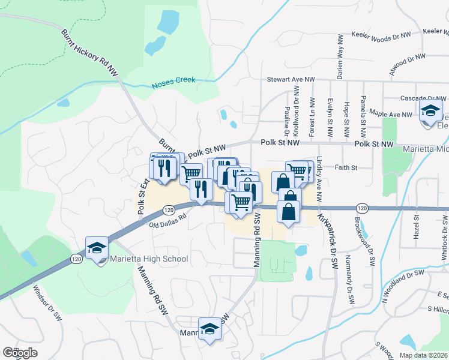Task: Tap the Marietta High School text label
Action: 149,259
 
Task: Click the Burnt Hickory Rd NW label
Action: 89,52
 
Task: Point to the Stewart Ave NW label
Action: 291,79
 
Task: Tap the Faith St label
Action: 346,168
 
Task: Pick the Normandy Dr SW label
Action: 348,276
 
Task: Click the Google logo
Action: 20,352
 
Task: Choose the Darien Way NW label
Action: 340,57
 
